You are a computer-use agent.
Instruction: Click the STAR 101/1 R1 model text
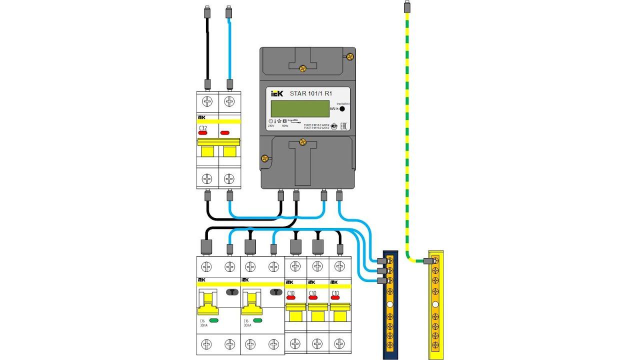[311, 93]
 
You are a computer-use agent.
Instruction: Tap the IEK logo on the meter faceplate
[277, 93]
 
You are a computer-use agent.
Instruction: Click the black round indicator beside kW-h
[342, 108]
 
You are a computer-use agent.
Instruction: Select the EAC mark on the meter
[344, 126]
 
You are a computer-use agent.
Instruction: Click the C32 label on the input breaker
[203, 128]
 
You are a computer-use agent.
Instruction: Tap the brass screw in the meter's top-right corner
[350, 57]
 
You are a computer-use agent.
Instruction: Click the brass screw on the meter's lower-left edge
[265, 159]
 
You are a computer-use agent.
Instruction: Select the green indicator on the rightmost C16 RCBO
[258, 320]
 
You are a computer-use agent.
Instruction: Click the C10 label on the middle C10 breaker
[312, 293]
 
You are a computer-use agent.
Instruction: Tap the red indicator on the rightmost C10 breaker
[334, 299]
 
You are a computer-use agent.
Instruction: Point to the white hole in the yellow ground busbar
[435, 304]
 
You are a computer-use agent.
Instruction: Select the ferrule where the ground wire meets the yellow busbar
[427, 260]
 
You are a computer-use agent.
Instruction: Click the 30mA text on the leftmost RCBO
[204, 325]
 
